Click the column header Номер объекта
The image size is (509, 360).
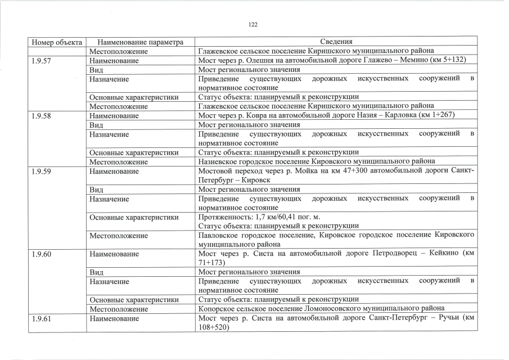coord(57,42)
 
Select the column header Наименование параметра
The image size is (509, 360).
coord(141,42)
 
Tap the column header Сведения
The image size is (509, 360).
coord(336,42)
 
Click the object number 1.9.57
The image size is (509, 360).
coord(42,60)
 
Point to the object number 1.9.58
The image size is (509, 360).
coord(42,115)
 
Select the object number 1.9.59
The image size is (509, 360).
coord(42,171)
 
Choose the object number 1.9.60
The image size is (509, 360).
coord(42,254)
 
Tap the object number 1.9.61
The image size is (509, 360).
coord(42,319)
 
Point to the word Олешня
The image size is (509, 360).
coord(265,60)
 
